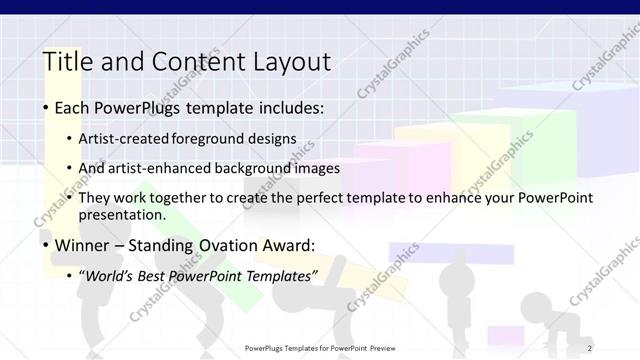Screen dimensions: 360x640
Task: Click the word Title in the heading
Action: click(65, 62)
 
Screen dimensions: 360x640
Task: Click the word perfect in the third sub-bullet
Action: click(311, 198)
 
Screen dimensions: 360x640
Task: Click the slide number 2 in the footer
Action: click(590, 348)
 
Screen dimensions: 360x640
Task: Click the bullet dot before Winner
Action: click(47, 245)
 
